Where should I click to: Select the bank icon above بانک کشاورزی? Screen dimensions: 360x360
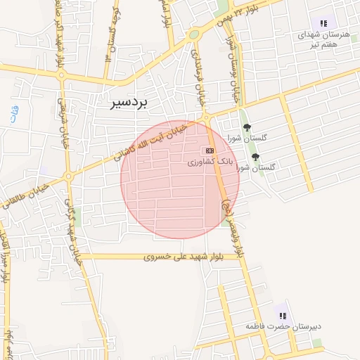208,150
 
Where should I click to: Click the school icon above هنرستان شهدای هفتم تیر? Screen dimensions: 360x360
323,23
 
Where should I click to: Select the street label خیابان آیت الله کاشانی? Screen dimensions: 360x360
153,140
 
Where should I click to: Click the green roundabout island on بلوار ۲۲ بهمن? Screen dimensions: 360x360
194,34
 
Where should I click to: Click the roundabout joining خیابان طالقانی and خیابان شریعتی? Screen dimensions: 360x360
69,176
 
